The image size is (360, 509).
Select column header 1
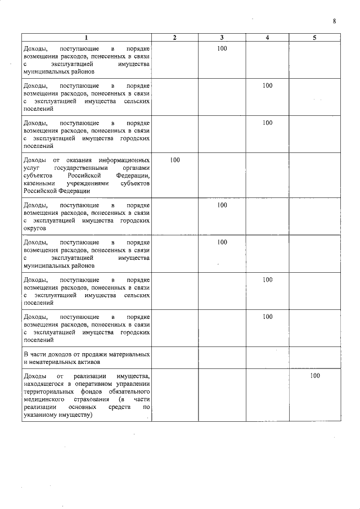(x=86, y=38)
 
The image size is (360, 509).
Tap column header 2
(x=175, y=38)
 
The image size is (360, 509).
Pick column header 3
(x=222, y=38)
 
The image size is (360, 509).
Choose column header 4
(x=267, y=38)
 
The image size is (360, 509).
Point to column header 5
(x=315, y=38)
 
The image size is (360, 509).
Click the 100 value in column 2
(x=175, y=160)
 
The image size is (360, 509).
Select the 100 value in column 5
(x=315, y=376)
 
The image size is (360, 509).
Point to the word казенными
(x=39, y=183)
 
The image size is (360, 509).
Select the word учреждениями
(x=86, y=183)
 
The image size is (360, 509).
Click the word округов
(x=36, y=229)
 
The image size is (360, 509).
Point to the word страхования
(x=91, y=399)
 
